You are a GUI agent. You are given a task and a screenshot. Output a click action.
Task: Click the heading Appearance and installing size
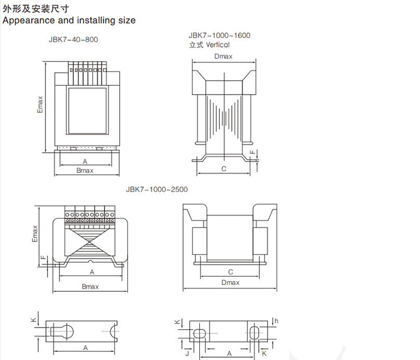[x=69, y=20]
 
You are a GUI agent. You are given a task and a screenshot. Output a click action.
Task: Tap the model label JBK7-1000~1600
[x=220, y=35]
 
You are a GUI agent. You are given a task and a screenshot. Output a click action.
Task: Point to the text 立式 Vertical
[x=210, y=44]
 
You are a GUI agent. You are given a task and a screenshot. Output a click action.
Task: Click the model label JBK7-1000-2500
[x=157, y=189]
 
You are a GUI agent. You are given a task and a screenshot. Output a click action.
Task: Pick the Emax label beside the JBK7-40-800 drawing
[x=40, y=103]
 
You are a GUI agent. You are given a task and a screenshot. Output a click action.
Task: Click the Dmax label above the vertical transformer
[x=223, y=57]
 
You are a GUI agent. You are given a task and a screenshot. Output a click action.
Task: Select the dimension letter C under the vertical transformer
[x=223, y=168]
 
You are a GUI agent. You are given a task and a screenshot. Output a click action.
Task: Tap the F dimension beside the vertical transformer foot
[x=253, y=152]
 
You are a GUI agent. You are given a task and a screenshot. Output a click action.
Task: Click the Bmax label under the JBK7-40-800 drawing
[x=85, y=170]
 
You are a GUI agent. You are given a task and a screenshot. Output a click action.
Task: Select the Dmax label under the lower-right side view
[x=230, y=283]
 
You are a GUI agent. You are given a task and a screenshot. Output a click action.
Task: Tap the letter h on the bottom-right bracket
[x=277, y=321]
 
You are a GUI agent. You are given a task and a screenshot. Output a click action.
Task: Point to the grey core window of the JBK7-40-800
[x=87, y=110]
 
